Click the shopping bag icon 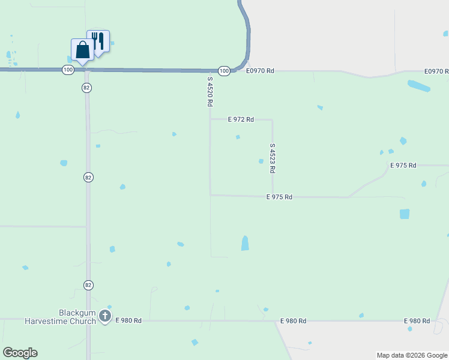(x=82, y=49)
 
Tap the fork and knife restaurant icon (x=98, y=41)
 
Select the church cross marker (x=105, y=316)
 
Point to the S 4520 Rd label (x=210, y=91)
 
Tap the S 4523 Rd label (x=273, y=158)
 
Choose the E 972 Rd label (x=241, y=119)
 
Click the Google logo (x=20, y=353)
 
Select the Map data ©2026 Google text (x=412, y=355)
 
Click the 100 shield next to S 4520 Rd (x=224, y=71)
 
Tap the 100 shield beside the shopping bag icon (x=68, y=70)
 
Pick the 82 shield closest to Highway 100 (x=88, y=88)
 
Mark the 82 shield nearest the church (x=88, y=284)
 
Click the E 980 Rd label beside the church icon (x=128, y=321)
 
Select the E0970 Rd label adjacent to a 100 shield (x=260, y=71)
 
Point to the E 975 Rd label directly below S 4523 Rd (x=279, y=197)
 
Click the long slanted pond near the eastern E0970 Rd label (x=418, y=86)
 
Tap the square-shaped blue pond (x=405, y=214)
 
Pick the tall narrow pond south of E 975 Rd (x=245, y=243)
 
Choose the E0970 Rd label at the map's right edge (x=436, y=71)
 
